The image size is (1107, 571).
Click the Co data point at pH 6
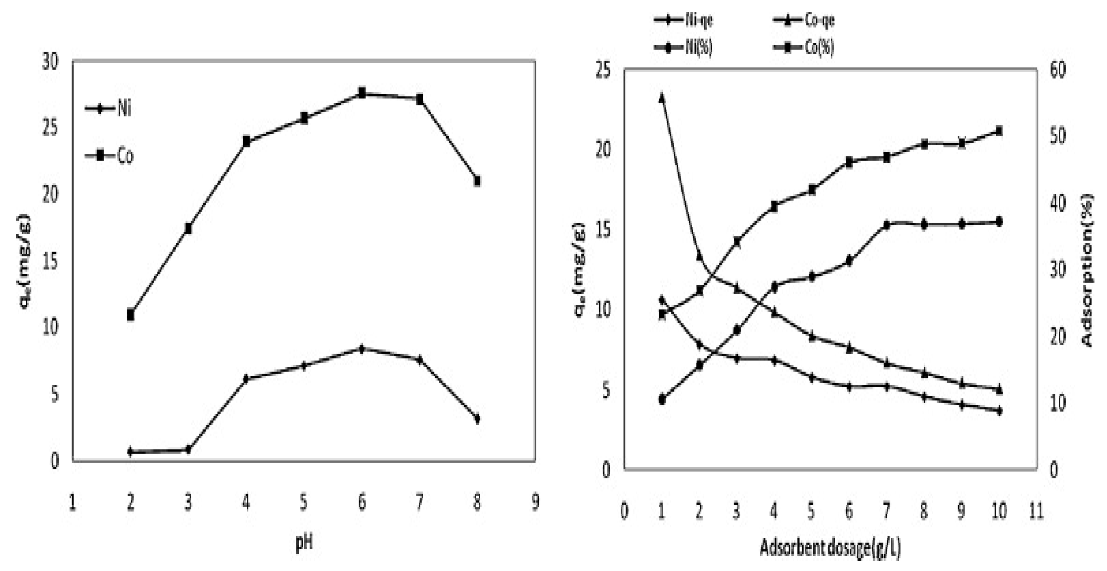point(362,93)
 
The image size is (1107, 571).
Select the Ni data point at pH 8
point(477,418)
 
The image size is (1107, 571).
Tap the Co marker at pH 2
point(131,315)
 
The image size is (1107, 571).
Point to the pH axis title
point(304,543)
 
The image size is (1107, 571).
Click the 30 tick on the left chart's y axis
point(50,63)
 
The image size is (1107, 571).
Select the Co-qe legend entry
point(804,20)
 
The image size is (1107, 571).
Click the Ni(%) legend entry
point(683,46)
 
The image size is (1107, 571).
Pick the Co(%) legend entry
point(804,46)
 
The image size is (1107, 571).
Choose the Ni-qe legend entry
point(683,20)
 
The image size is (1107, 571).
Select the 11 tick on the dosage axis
point(1037,511)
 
